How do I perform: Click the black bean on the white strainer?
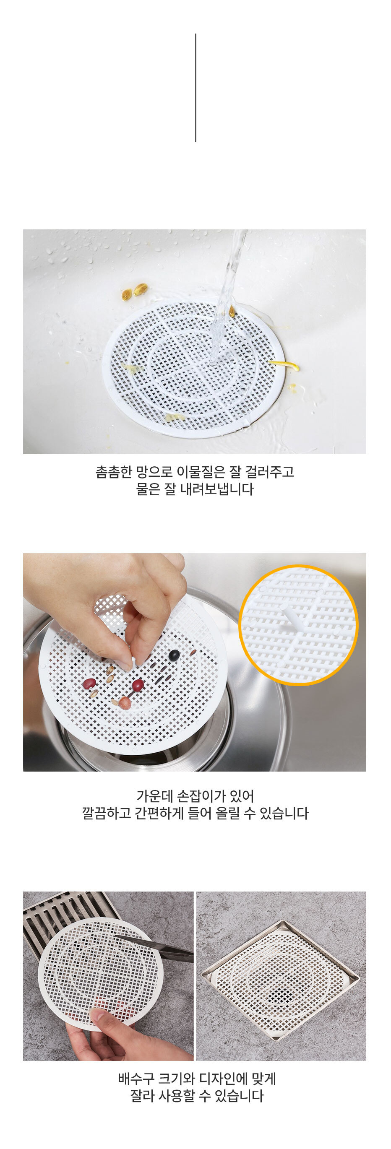tap(174, 655)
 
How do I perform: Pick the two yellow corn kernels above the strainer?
tap(134, 291)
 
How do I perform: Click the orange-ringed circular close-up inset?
tap(299, 625)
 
